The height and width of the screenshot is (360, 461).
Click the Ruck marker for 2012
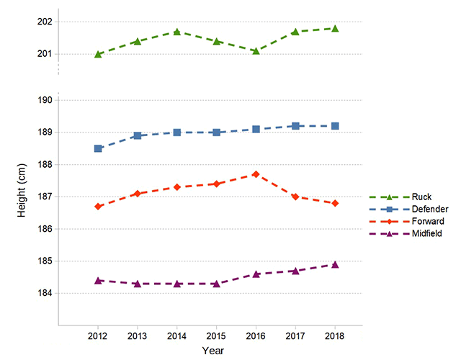pos(98,54)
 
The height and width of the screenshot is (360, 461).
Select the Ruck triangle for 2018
pos(335,28)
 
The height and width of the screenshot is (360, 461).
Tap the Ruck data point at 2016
pos(256,50)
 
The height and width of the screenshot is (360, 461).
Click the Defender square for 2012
pos(98,148)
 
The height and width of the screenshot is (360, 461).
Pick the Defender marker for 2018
pos(335,126)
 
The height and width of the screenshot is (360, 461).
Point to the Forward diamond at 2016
pos(256,174)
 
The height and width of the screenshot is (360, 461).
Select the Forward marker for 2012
pos(98,207)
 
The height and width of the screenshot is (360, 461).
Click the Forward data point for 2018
pos(335,203)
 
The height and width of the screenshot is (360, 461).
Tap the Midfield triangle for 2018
pos(335,264)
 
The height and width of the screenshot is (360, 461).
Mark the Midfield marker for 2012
pos(98,280)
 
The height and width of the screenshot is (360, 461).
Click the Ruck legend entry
pos(418,196)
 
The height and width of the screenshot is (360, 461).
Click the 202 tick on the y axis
pos(43,22)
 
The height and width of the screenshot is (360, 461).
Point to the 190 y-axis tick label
pos(43,100)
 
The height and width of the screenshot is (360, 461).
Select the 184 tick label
pos(43,293)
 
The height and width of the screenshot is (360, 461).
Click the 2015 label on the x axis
pos(216,336)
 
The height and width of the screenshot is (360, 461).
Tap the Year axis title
pos(212,351)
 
